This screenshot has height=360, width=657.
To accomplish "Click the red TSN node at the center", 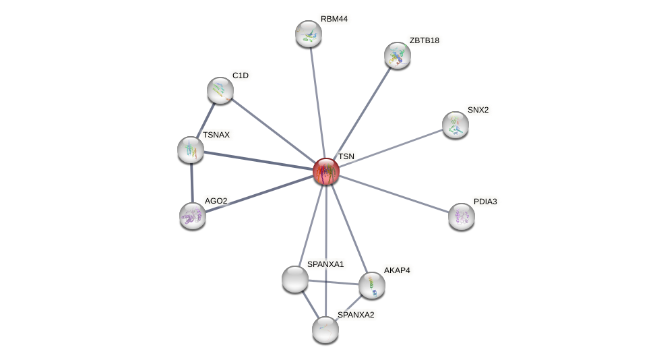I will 326,171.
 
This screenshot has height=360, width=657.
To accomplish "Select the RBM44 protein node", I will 309,34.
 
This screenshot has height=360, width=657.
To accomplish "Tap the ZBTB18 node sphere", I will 398,55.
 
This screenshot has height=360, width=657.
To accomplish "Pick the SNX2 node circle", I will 456,125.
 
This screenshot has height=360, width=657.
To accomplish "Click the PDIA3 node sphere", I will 462,216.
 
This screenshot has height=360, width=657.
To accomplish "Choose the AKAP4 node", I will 372,285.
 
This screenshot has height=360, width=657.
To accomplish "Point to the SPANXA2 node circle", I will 325,330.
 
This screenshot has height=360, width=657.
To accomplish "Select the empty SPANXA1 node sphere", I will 295,279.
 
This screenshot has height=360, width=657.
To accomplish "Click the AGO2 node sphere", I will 193,216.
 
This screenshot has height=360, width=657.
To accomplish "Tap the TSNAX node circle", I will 191,150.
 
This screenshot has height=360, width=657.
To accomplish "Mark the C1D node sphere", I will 220,90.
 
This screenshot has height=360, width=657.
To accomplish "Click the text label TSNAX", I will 216,135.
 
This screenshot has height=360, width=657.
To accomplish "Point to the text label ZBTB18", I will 424,40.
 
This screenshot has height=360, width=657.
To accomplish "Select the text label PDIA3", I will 485,202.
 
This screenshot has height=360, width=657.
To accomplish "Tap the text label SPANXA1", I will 325,264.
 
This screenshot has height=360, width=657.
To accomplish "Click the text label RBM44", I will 334,19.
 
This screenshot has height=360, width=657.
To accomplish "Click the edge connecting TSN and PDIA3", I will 394,194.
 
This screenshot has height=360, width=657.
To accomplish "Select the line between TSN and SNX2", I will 391,148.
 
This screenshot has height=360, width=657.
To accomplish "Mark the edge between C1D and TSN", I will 273,130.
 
